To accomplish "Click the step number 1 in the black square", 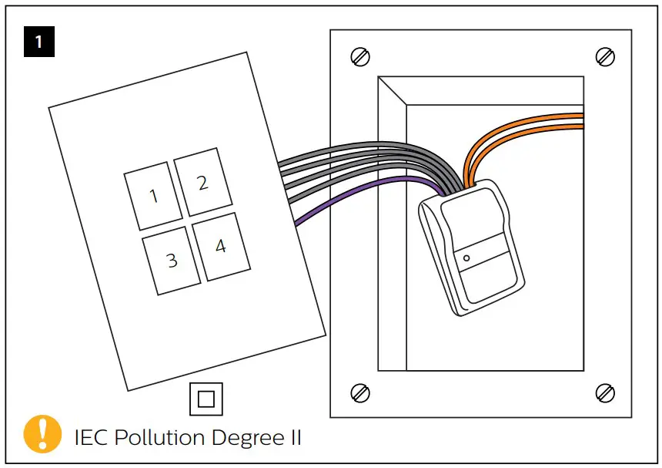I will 38,42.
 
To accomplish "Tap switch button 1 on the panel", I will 153,196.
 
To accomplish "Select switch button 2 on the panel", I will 202,183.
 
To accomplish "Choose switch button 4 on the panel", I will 221,247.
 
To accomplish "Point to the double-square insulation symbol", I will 206,399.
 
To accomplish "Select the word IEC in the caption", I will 92,438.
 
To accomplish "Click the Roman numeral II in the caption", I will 293,438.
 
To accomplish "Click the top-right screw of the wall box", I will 605,57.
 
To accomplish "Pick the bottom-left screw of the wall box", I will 359,392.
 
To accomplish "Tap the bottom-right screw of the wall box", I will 605,392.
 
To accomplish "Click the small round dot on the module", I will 466,258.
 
